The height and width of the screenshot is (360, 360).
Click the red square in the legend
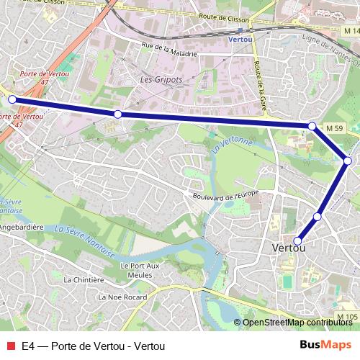[x=10, y=346]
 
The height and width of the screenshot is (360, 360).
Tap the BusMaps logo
[x=325, y=346]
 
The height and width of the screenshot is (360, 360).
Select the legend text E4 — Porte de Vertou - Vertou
[x=94, y=346]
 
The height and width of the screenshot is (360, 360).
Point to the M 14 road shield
[x=351, y=32]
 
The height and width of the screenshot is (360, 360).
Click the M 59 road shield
[x=333, y=128]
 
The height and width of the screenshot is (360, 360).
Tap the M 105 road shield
[x=347, y=317]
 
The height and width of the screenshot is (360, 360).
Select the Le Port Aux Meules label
[x=137, y=269]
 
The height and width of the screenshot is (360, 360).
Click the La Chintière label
[x=84, y=279]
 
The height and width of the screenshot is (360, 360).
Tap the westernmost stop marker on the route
[x=12, y=99]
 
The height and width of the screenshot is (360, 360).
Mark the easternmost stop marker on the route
[x=348, y=161]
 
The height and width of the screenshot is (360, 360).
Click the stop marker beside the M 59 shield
[x=312, y=126]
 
